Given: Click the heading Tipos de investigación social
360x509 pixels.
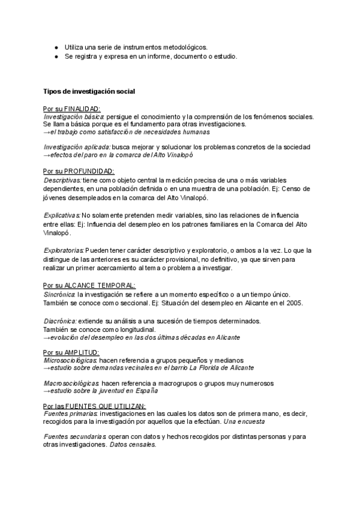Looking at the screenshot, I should coord(89,91).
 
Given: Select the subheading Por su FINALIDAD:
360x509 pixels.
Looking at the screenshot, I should coord(72,109).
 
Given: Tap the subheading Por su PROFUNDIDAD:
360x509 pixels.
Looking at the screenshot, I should coord(79,171).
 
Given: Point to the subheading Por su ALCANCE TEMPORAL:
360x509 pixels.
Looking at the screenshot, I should coord(89,285).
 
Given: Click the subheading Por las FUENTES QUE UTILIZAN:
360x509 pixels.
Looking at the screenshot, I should coord(94,406).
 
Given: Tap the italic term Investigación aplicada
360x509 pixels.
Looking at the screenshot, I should coord(77,147).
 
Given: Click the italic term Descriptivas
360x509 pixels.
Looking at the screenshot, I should coord(63,180).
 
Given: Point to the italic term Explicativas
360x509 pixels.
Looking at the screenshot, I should coord(62,215).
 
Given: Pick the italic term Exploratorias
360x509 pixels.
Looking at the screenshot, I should coord(64,250).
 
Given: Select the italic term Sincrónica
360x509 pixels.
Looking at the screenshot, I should coord(59,294).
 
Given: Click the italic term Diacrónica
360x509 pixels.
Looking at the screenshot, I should coord(60,321).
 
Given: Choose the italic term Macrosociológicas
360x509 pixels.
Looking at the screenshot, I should coord(71,383).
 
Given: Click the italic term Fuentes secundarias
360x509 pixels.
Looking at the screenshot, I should coord(75,436).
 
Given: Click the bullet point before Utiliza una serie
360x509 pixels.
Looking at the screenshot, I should coord(56,47).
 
